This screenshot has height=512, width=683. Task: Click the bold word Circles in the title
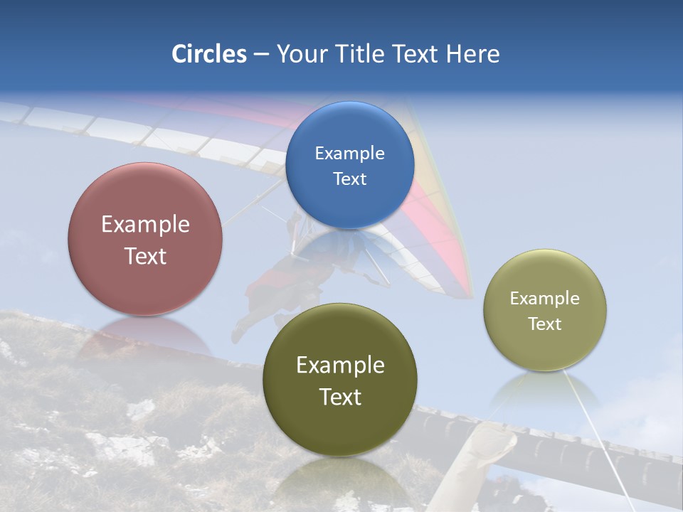tap(208, 54)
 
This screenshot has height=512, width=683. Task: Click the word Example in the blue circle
tap(349, 153)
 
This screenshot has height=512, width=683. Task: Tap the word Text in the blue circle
tap(349, 178)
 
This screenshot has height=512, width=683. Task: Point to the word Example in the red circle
tap(145, 224)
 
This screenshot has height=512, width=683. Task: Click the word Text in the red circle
tap(145, 256)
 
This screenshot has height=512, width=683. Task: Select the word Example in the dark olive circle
tap(340, 365)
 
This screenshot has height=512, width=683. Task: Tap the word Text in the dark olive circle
tap(340, 397)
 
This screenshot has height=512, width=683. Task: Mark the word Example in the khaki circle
tap(545, 298)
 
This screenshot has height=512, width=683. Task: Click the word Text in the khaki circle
tap(545, 324)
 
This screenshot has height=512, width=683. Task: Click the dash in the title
tap(261, 55)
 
